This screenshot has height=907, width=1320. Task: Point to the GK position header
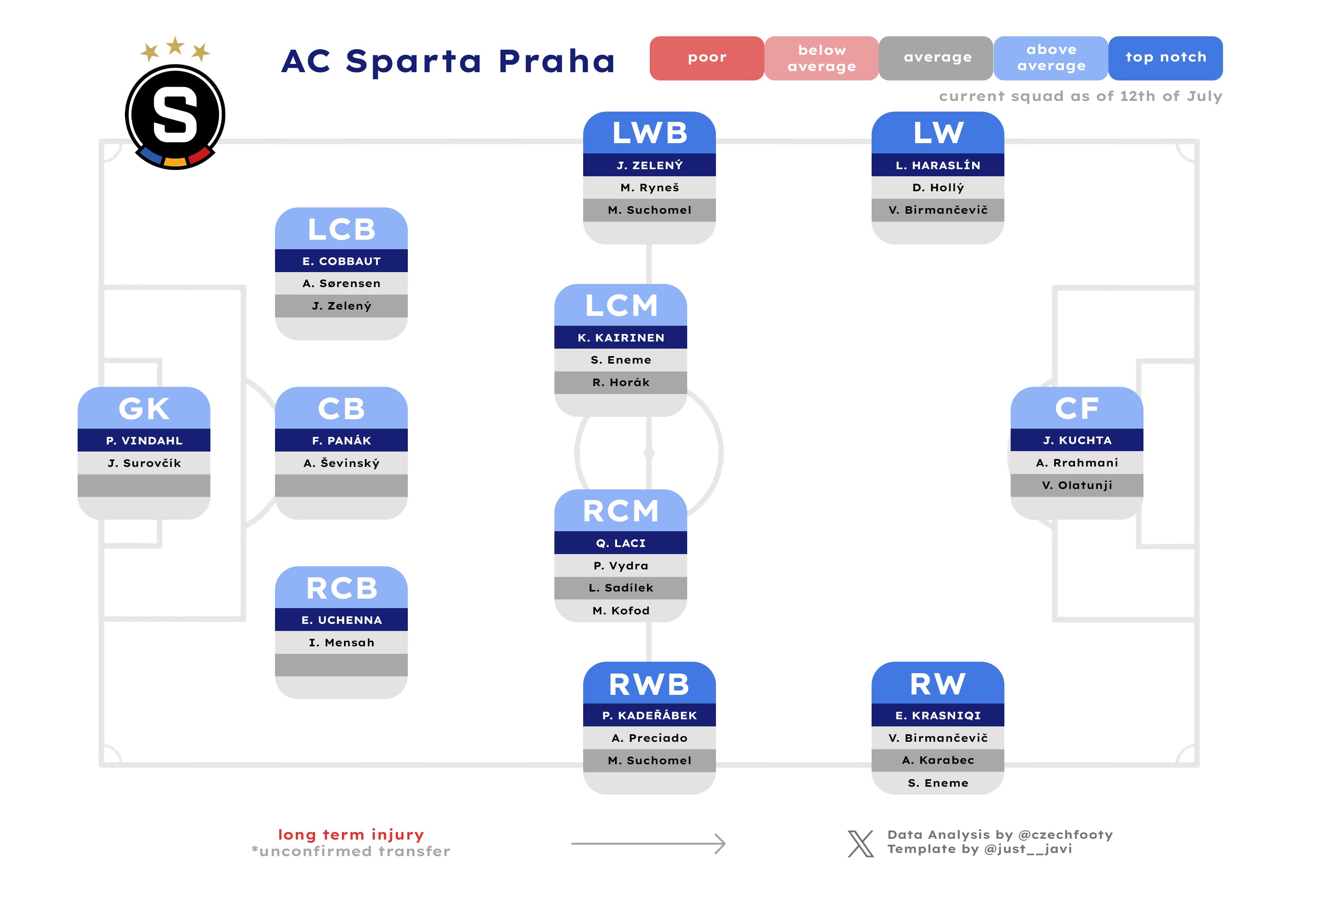tap(144, 409)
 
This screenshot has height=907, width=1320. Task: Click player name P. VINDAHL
tap(144, 440)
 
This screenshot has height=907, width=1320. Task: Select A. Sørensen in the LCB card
tap(341, 283)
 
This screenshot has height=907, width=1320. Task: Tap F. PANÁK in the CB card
tap(341, 440)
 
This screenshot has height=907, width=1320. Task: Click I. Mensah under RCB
tap(341, 642)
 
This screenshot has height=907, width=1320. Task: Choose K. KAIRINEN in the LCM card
tap(621, 338)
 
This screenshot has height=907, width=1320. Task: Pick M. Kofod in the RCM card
tap(621, 610)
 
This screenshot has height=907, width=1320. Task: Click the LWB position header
tap(649, 133)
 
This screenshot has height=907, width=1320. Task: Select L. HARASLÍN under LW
tap(938, 165)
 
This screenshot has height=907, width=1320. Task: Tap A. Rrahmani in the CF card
tap(1077, 463)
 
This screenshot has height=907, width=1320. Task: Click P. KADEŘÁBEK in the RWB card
tap(649, 715)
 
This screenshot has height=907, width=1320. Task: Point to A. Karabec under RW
tap(938, 760)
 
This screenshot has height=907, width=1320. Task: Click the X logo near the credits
tap(861, 844)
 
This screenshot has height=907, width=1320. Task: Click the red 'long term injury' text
tap(350, 834)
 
